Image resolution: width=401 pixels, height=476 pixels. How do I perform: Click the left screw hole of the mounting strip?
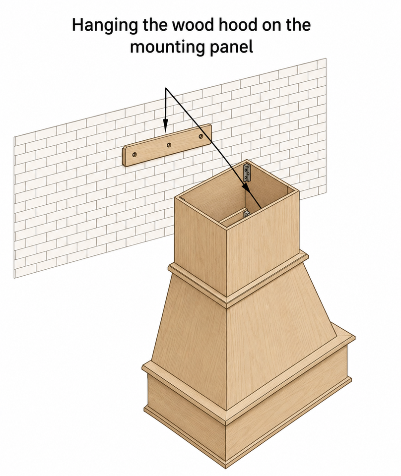[x=134, y=155]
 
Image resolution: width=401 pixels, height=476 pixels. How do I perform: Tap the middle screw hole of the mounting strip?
[x=169, y=145]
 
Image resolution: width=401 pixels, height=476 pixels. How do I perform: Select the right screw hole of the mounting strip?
[x=200, y=136]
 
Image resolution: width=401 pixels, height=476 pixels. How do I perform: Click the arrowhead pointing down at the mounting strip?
[x=165, y=125]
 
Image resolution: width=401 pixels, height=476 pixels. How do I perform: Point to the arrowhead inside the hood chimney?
[x=247, y=186]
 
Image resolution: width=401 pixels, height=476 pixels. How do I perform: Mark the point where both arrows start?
[x=166, y=88]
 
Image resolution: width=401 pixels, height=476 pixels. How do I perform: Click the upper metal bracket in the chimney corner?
[x=247, y=173]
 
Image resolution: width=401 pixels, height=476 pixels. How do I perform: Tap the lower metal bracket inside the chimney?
[x=246, y=215]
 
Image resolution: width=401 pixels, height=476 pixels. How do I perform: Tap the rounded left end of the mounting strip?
[x=125, y=156]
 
